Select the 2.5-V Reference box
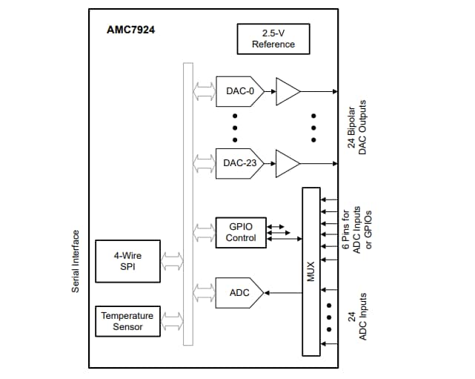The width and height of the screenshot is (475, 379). tap(273, 39)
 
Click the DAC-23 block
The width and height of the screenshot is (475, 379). tap(237, 162)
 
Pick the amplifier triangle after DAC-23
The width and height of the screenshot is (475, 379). tap(287, 163)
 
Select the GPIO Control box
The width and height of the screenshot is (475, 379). tap(236, 232)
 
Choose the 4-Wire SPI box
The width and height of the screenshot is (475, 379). tap(127, 261)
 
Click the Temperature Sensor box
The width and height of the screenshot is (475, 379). tap(127, 321)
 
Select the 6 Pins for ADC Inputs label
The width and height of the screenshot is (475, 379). tap(357, 231)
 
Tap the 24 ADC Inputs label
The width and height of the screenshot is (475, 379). tap(357, 316)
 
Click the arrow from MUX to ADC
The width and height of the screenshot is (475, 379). tap(283, 293)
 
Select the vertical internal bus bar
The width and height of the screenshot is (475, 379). tap(187, 204)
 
